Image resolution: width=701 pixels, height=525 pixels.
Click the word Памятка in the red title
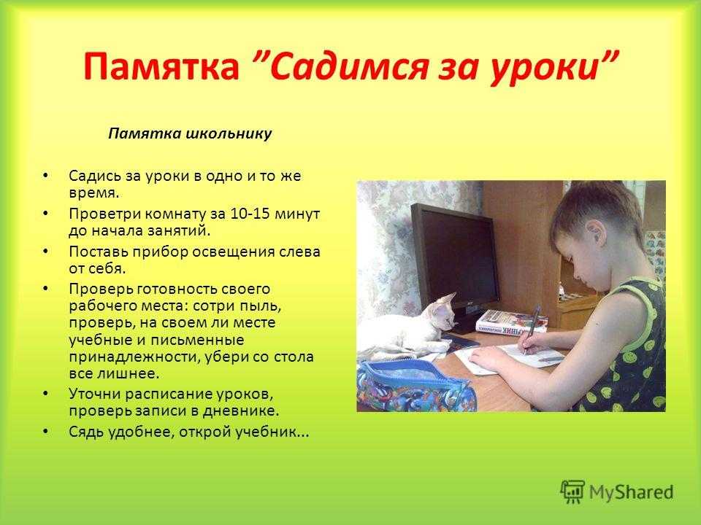(161, 66)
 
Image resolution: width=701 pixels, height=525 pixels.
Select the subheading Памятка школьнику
(190, 133)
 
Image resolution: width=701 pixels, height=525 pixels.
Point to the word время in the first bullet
(93, 193)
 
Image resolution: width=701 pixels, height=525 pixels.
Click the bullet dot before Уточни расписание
(45, 394)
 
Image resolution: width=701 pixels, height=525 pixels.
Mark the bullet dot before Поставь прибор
(45, 252)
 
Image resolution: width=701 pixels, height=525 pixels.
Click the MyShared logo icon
(572, 491)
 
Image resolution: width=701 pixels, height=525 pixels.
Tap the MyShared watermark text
(631, 492)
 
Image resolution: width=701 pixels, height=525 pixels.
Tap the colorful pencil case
(413, 386)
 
